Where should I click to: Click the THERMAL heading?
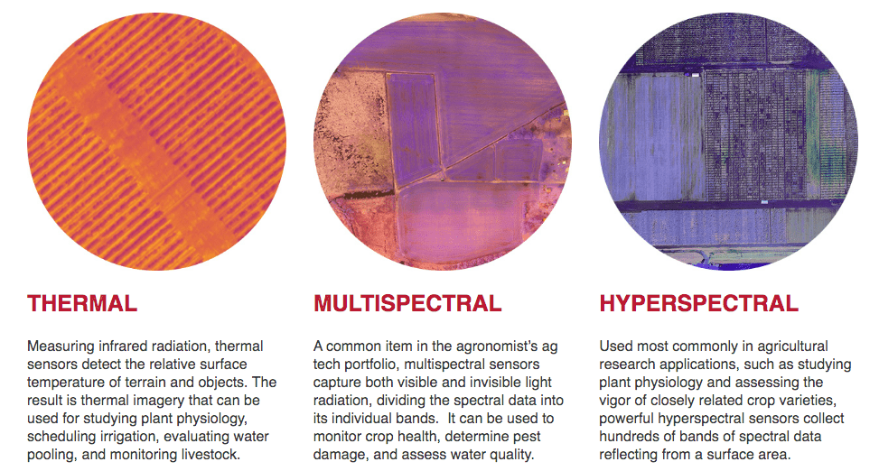[82, 303]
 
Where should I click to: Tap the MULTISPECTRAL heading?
[407, 303]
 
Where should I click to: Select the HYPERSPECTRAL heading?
[698, 303]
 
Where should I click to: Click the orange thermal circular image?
[156, 141]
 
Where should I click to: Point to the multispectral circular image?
[443, 141]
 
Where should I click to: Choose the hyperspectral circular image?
[728, 141]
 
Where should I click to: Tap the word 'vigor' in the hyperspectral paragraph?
[615, 401]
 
